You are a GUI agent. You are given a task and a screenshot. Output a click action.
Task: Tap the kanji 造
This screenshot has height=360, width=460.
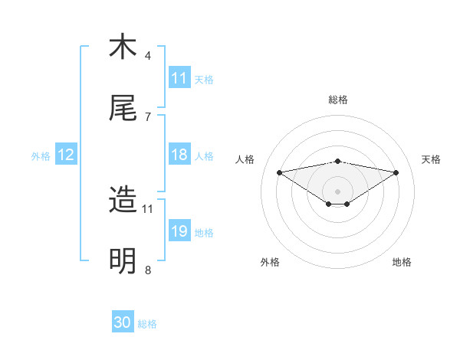coord(123,200)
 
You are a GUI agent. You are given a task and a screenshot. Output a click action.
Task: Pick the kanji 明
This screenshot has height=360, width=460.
coord(123,261)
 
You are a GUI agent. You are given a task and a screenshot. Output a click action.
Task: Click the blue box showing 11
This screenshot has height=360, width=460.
coord(179,78)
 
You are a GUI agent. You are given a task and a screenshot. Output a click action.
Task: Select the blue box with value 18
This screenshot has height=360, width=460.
coord(179,155)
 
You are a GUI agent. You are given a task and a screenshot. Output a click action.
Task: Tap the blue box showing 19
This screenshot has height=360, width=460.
coord(179,231)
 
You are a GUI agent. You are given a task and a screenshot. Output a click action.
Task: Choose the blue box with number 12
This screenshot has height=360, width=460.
coord(66,155)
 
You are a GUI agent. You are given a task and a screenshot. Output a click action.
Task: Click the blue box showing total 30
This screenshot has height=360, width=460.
coord(123,322)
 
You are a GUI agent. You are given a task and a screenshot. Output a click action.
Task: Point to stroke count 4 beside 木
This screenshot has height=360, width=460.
coord(148,55)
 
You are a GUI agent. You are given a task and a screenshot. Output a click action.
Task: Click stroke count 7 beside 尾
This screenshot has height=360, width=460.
coord(148,116)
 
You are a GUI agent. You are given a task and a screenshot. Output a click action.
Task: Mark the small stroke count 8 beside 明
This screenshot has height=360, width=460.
coord(148,270)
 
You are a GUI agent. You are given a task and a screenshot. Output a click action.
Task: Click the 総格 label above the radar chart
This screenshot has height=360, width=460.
coord(338,100)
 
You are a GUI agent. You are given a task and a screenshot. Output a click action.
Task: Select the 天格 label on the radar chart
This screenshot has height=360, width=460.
coord(432,159)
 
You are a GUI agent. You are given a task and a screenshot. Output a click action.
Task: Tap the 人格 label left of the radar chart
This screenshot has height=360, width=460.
coord(245,159)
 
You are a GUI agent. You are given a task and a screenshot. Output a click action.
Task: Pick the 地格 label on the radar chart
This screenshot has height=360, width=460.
coord(402,262)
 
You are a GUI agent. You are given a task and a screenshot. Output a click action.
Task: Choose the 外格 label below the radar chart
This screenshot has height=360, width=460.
coord(270,262)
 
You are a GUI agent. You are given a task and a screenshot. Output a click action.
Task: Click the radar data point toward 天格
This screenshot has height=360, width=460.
coord(396,172)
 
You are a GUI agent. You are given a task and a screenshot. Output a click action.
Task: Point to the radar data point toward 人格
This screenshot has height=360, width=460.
coord(280,172)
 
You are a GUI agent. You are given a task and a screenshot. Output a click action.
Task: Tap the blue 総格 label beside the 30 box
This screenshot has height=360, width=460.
coord(147,324)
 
